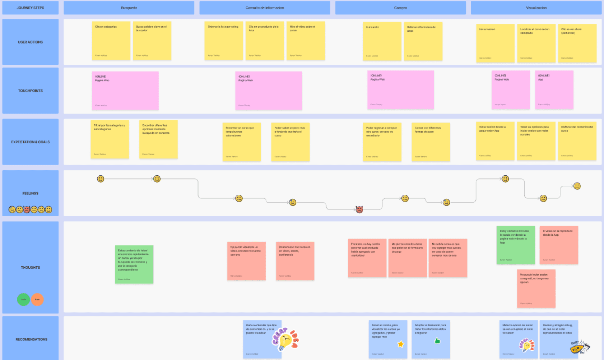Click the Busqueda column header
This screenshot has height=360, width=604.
pos(129,8)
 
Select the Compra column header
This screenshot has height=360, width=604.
pos(400,8)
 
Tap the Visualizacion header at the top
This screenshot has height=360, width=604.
pos(536,8)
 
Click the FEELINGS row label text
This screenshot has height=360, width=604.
pos(31,193)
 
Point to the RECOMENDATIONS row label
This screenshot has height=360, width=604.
pos(31,339)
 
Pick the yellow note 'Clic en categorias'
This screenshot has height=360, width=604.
pos(111,41)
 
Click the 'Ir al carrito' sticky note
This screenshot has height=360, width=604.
pos(382,41)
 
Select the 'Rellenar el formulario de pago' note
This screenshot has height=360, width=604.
pos(423,41)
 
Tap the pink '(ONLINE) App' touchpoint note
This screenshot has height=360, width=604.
pos(554,90)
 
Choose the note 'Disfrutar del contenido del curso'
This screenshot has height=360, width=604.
pos(577,141)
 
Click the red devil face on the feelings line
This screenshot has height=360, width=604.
pos(359,209)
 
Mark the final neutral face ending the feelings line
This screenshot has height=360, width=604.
pos(577,186)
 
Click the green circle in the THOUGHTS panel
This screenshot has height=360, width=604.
pos(23,299)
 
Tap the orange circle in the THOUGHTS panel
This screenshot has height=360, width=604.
pos(37,299)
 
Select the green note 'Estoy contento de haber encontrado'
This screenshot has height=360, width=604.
pos(134,264)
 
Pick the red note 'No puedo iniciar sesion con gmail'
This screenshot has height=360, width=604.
pos(536,289)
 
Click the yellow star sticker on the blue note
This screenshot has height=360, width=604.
pos(401,344)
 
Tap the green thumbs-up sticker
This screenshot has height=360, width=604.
pos(437,341)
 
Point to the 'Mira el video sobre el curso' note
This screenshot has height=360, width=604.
pos(306,41)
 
